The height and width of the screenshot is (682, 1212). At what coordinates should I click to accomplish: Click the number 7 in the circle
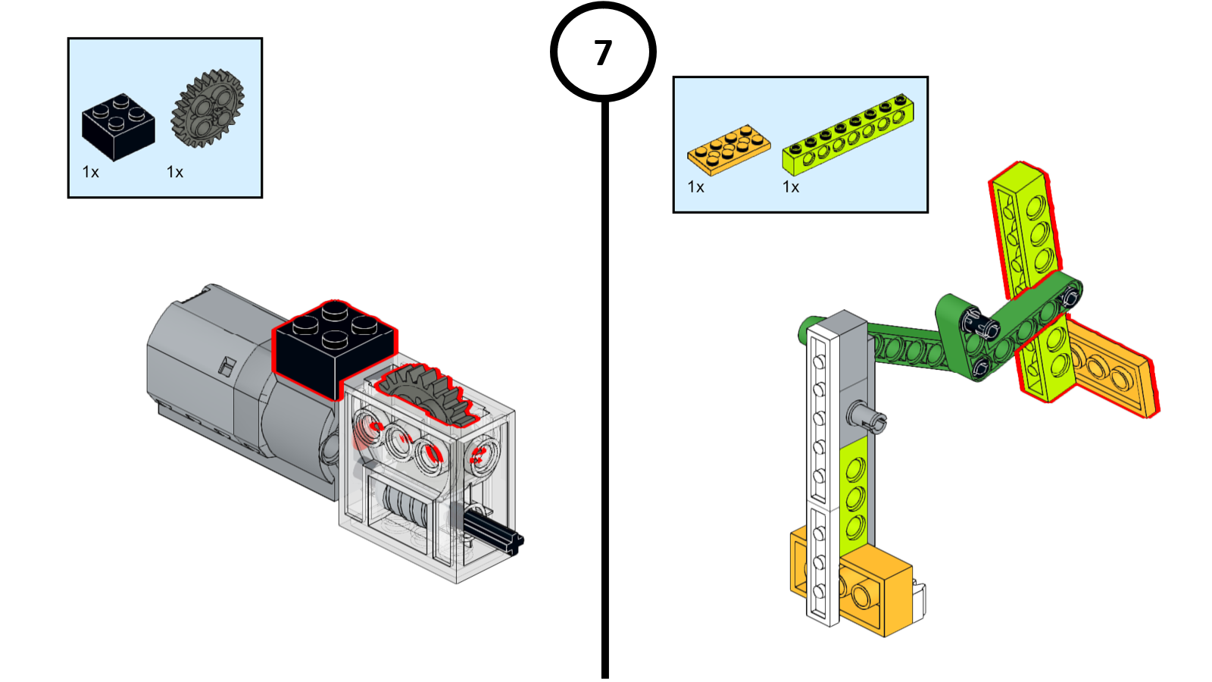click(x=603, y=53)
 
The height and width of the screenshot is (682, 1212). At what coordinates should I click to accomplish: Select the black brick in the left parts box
click(x=118, y=127)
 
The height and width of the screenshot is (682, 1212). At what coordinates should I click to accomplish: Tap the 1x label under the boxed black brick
click(x=91, y=173)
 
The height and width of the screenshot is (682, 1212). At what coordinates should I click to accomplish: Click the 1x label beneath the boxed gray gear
click(x=175, y=173)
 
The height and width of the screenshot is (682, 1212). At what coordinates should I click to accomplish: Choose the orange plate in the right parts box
click(x=729, y=149)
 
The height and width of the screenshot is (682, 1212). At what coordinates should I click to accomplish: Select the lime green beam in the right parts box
click(x=848, y=135)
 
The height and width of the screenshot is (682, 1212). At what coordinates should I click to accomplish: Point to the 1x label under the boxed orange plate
click(x=696, y=187)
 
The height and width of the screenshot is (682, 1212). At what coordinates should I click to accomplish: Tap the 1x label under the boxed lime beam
click(x=791, y=187)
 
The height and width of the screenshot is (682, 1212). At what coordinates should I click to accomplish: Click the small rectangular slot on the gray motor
click(x=226, y=366)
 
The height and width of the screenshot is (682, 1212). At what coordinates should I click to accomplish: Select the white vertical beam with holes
click(x=821, y=470)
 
